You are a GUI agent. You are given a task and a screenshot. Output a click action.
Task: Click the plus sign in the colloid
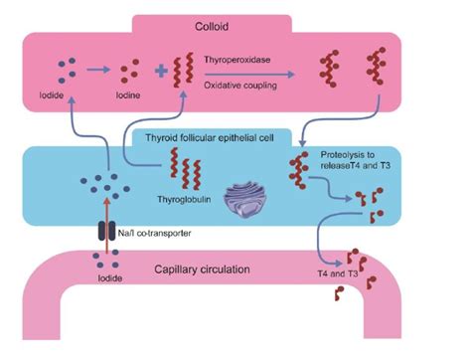pyautogui.click(x=162, y=73)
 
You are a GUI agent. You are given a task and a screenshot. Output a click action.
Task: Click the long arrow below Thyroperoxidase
pyautogui.click(x=252, y=74)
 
